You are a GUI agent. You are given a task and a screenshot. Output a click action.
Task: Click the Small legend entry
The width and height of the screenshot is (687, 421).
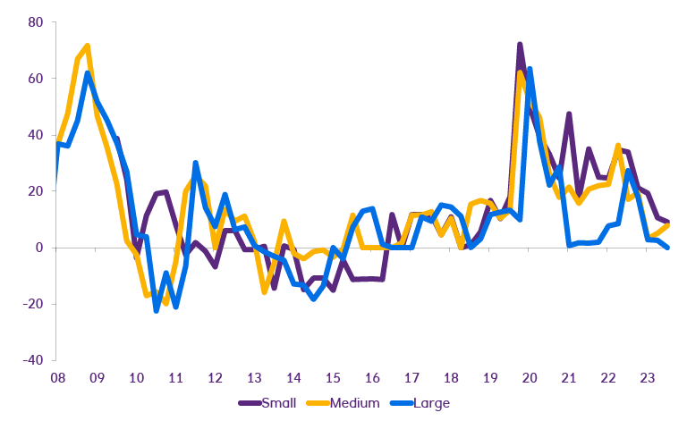tap(269, 403)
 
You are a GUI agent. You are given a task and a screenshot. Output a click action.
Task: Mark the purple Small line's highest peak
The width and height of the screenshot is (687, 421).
tap(520, 44)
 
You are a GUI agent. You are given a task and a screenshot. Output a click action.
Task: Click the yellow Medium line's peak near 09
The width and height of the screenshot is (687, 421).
tap(87, 46)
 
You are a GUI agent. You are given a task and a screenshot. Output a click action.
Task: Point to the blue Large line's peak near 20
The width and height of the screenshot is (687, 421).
tap(530, 69)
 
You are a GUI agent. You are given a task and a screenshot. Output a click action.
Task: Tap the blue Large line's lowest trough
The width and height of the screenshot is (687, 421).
tap(156, 309)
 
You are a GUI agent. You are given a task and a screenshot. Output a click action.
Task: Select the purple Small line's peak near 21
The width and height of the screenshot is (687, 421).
tap(569, 114)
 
